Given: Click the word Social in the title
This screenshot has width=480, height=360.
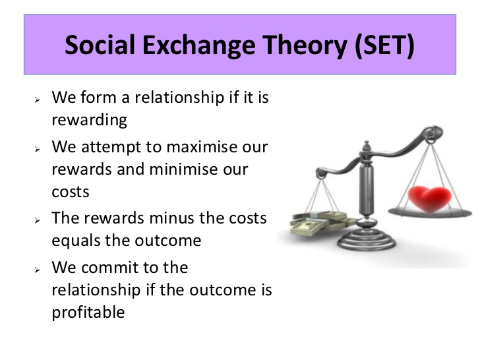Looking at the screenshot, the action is (x=100, y=45).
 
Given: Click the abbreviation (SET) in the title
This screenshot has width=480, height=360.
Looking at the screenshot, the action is (x=384, y=45).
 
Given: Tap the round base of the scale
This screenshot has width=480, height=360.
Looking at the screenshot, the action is (x=367, y=240).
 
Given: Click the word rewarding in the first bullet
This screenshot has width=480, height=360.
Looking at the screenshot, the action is (x=90, y=120).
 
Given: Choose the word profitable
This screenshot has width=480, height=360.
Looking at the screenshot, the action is (x=88, y=313).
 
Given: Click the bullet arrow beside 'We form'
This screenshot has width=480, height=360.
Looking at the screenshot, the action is (x=38, y=100).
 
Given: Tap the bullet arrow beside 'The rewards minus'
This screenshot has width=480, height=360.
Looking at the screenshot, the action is (x=38, y=220).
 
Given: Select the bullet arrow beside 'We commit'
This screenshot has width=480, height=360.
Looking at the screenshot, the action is (x=38, y=270).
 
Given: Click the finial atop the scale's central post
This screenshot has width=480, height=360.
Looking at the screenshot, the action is (x=367, y=146).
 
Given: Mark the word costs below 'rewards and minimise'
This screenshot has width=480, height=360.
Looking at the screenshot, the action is (x=71, y=193).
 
